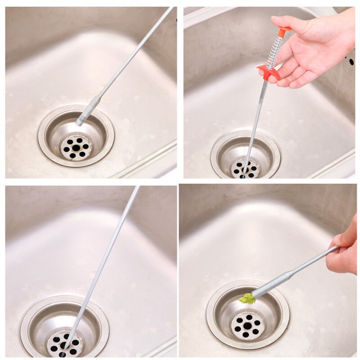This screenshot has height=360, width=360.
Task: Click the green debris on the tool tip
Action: tap(247, 298)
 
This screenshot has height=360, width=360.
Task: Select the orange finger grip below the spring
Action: tap(269, 71)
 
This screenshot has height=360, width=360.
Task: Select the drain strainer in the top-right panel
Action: tap(245, 169)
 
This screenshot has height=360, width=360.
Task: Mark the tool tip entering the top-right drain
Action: tap(246, 169)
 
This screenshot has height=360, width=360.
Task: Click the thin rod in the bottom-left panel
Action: tap(106, 256)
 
